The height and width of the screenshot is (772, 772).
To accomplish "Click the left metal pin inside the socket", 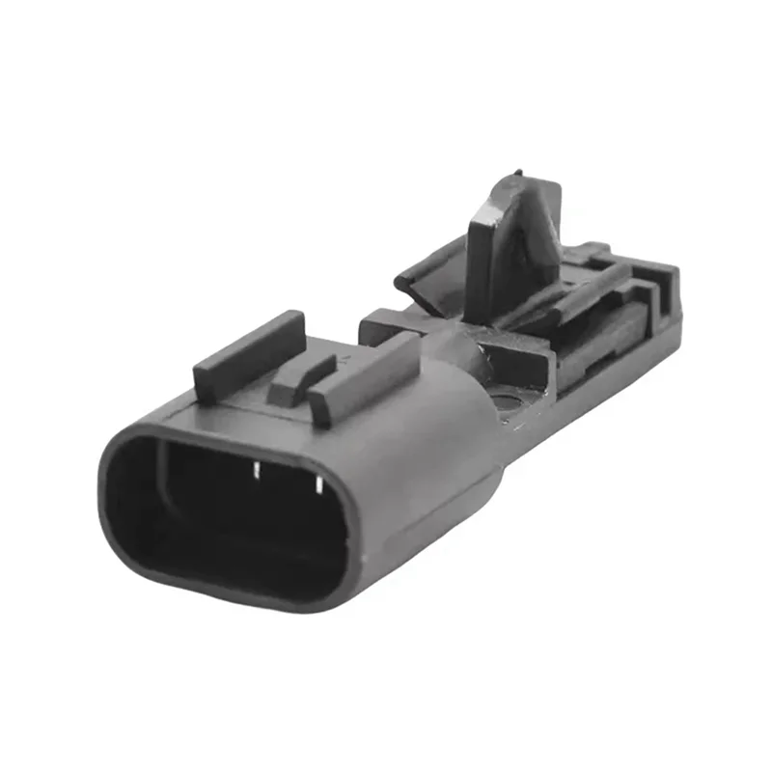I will [257, 472].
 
